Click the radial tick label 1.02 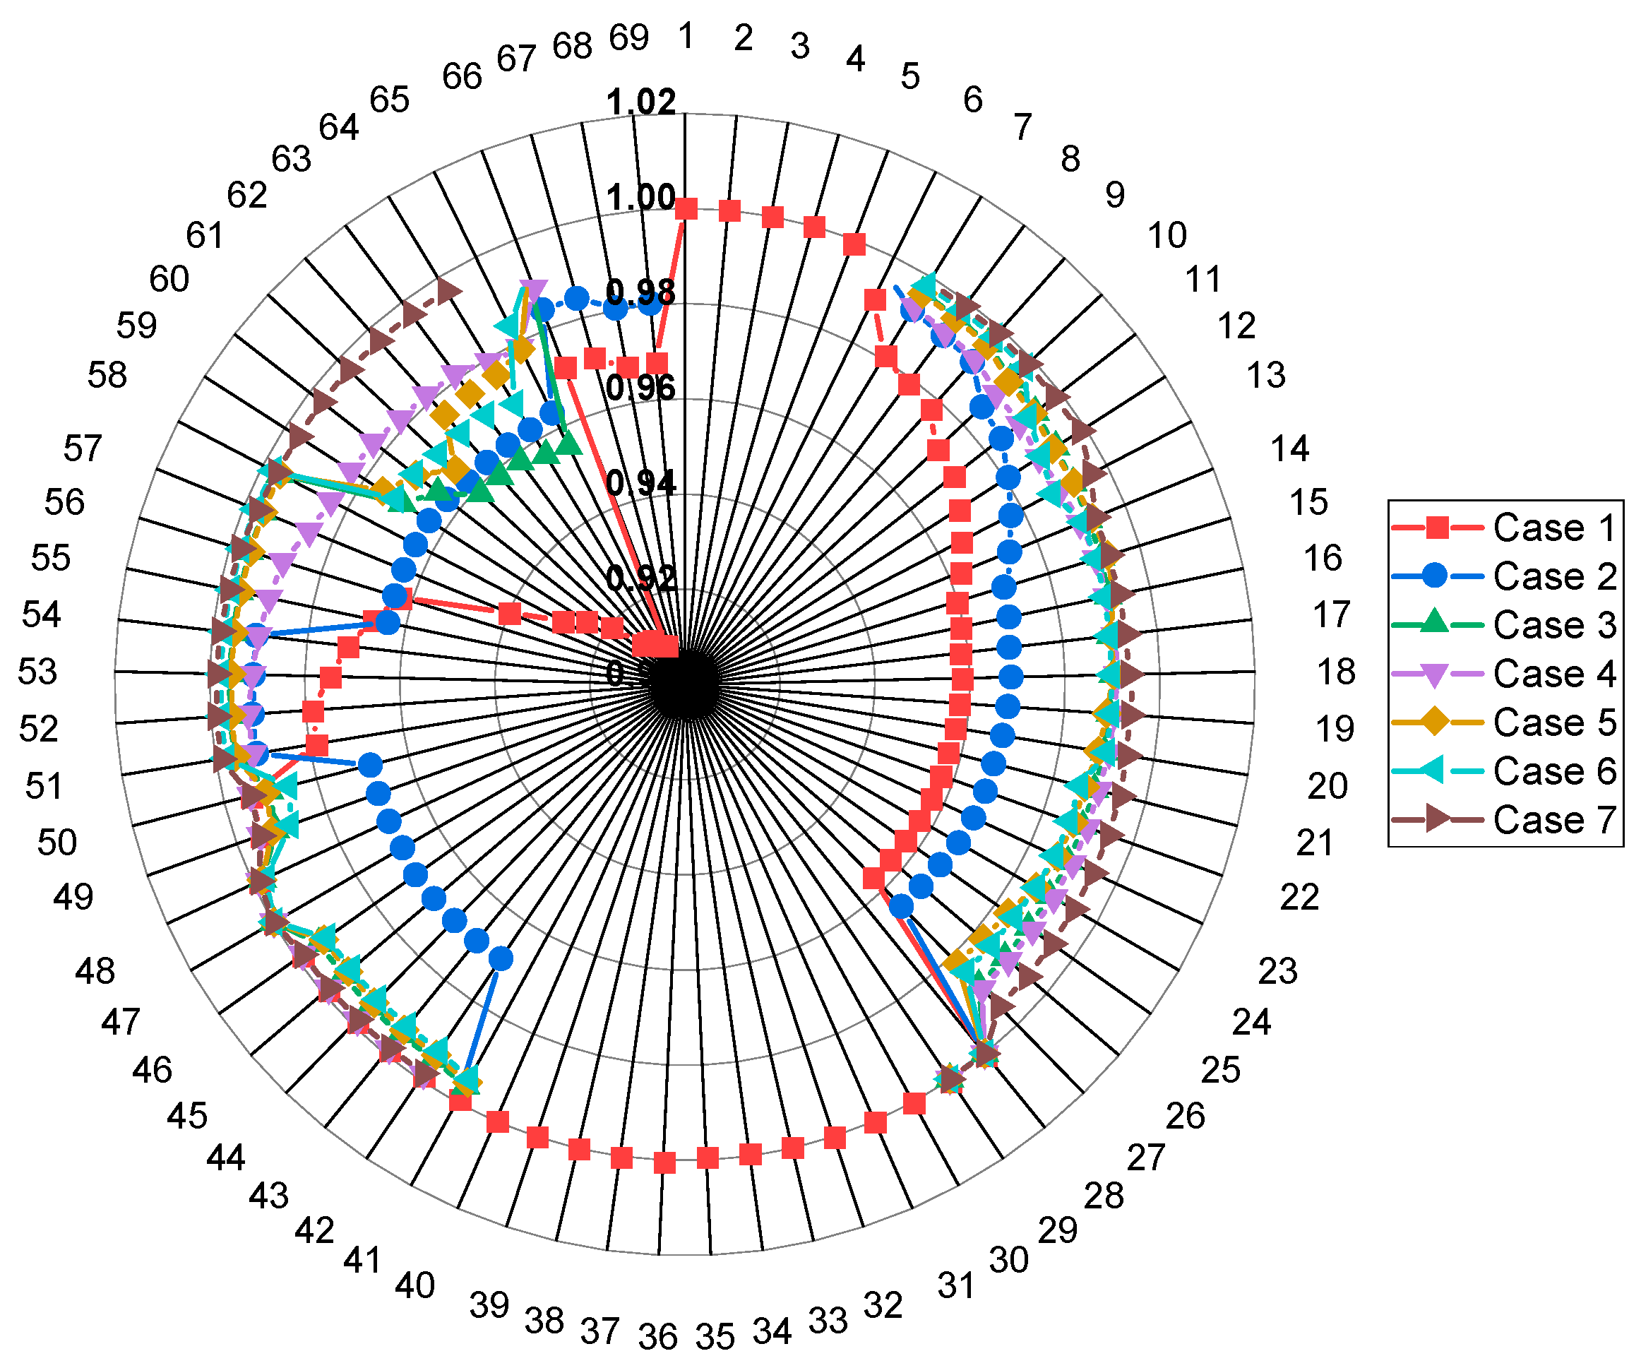point(640,102)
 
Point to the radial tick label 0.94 point(640,483)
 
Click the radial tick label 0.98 point(640,292)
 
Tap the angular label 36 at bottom point(657,1338)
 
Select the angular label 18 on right point(1336,672)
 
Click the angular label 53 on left point(37,672)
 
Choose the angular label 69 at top point(629,37)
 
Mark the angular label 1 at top point(687,36)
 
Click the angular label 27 point(1145,1158)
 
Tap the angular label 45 point(188,1117)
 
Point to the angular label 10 point(1167,235)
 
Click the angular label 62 point(247,196)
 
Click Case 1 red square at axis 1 point(686,209)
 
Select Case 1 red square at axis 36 point(664,1162)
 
